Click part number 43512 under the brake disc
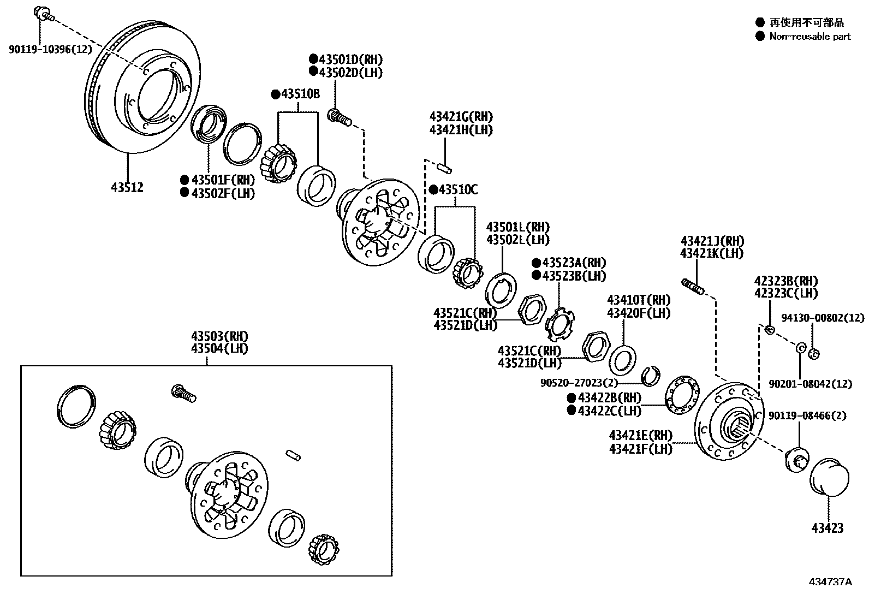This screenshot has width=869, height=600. coord(127,187)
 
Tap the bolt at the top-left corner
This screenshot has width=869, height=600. coord(43,13)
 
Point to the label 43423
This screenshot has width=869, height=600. coord(827,528)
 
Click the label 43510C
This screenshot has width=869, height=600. coord(458,190)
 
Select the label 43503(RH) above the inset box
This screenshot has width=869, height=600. coord(219,336)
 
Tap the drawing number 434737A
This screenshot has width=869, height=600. coord(830,581)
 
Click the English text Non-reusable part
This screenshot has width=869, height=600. coord(810,37)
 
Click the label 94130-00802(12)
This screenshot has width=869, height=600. coord(823,317)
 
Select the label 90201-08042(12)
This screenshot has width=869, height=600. coord(810,384)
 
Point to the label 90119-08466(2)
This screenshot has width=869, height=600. coord(807,416)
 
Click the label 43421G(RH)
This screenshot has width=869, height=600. coord(461,116)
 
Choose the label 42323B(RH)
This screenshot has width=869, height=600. coord(787,281)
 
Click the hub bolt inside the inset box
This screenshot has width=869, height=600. coord(183,393)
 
